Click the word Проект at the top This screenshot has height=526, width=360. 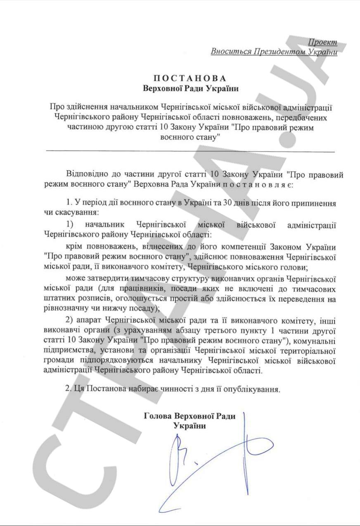[x=322, y=42]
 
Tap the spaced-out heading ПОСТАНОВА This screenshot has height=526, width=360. [x=190, y=78]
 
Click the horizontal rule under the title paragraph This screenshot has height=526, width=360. [x=190, y=152]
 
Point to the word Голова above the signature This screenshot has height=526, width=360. [x=158, y=416]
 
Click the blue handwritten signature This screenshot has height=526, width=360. [x=215, y=458]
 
